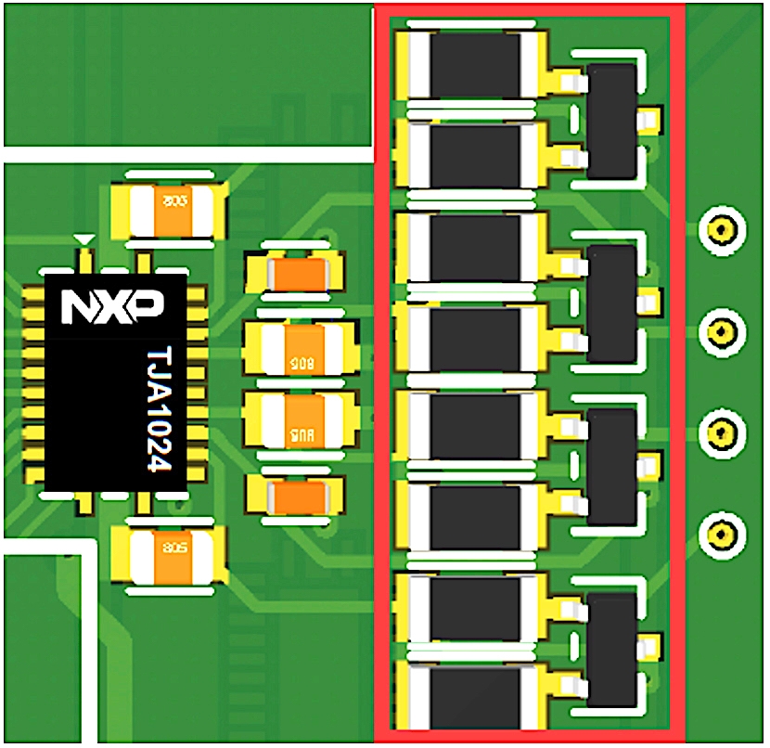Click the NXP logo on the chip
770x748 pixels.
(x=113, y=307)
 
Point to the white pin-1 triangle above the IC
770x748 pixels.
(x=84, y=240)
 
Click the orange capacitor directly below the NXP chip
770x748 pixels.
(x=168, y=553)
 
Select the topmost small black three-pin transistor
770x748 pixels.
(x=612, y=121)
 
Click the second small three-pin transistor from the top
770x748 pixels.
(x=612, y=303)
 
